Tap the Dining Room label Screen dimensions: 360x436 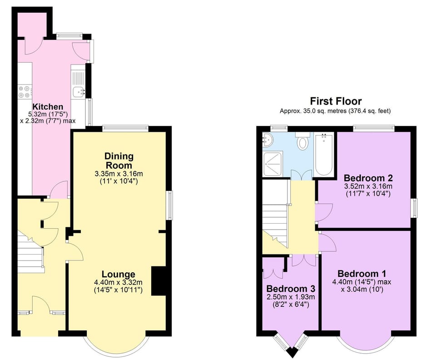(119, 160)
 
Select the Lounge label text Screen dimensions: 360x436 (118, 274)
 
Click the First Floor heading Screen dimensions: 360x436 (336, 101)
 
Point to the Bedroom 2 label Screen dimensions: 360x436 (368, 178)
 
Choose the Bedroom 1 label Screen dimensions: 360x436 (362, 274)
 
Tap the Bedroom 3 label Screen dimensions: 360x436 (291, 289)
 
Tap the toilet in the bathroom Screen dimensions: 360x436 (302, 142)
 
